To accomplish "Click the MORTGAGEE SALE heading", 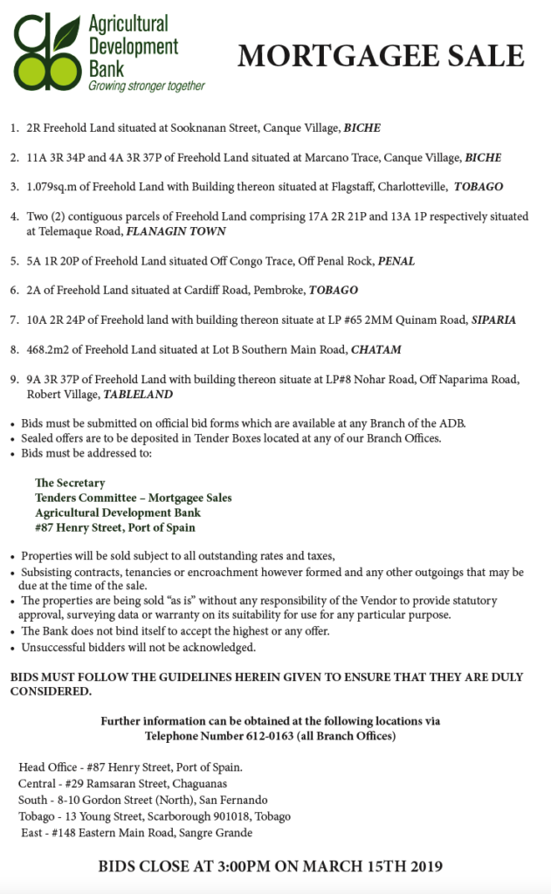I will click(x=381, y=57).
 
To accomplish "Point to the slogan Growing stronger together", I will click(x=146, y=86).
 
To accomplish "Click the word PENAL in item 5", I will click(x=396, y=261).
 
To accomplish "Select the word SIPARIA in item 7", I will click(x=493, y=320).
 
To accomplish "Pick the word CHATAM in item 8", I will click(x=375, y=349).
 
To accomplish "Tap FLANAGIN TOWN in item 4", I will click(x=176, y=231).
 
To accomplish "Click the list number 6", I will click(x=14, y=290).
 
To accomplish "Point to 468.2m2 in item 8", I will click(x=51, y=349).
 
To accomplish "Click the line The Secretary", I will click(x=70, y=483).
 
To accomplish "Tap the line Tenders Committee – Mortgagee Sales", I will click(x=133, y=498).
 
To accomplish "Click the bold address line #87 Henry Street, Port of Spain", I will click(x=114, y=527).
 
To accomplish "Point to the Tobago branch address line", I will click(x=155, y=815).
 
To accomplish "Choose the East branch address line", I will click(x=136, y=832).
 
